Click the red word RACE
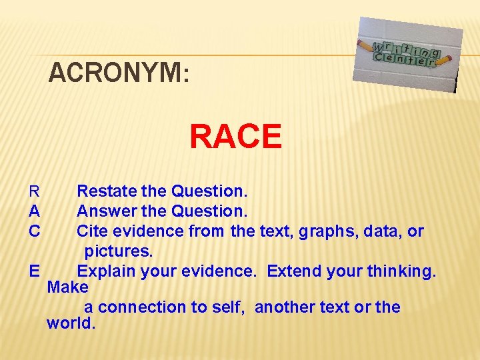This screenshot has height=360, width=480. click(x=235, y=137)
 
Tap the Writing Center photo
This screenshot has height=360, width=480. click(x=407, y=54)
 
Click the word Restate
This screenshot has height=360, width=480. click(x=107, y=192)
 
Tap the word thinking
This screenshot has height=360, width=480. click(x=401, y=271)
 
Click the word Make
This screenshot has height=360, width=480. click(x=67, y=288)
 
